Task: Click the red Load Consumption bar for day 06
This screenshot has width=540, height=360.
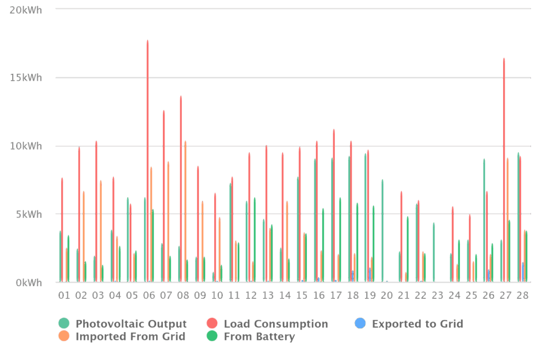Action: coord(148,158)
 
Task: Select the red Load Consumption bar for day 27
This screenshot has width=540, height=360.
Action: coord(504,169)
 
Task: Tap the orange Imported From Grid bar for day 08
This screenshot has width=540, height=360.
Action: coord(185,211)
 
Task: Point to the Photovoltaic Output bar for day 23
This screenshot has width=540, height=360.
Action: coord(433,252)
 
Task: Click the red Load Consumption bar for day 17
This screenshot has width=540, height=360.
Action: coord(334,206)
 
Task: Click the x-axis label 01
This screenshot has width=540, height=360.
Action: coord(64,295)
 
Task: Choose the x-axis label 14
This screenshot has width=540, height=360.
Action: coord(285,295)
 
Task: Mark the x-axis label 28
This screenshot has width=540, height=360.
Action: coord(523,295)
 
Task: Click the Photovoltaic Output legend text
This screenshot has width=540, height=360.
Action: coord(131,324)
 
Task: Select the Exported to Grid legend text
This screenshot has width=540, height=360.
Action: coord(418,324)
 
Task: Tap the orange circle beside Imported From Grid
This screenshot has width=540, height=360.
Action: coord(64,336)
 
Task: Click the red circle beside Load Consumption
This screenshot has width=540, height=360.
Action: coord(212,324)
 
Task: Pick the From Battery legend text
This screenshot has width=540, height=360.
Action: coord(259,336)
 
